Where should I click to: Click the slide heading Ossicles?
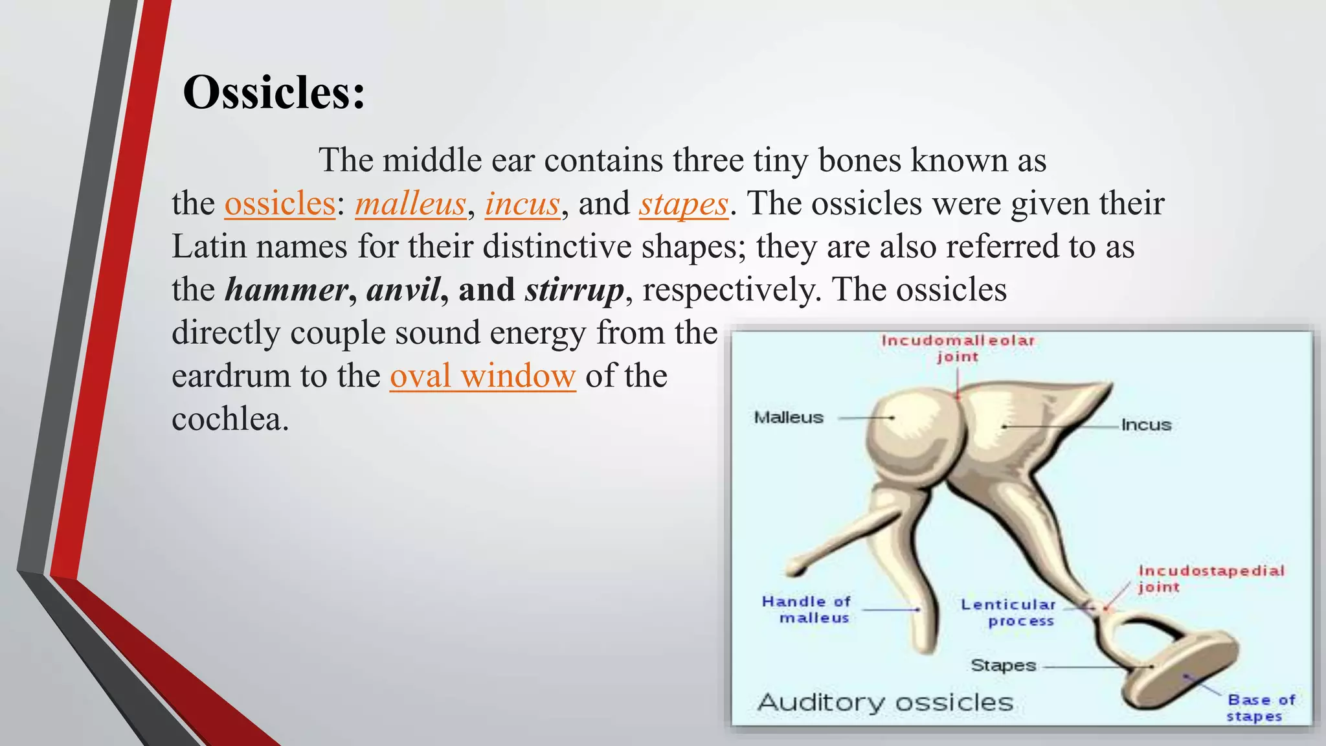click(x=274, y=93)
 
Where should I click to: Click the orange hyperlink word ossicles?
click(x=280, y=204)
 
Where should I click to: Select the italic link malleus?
click(x=410, y=204)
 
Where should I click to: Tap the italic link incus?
click(x=522, y=204)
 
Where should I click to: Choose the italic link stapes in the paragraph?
click(x=684, y=204)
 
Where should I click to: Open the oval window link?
click(x=482, y=376)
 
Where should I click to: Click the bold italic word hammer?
click(x=286, y=290)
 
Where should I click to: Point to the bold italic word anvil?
click(x=403, y=290)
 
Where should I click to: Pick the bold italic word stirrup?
click(x=574, y=290)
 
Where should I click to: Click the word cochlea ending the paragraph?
click(x=229, y=420)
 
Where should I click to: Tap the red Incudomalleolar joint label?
click(x=958, y=348)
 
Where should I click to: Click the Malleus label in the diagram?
click(x=788, y=418)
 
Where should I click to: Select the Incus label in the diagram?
click(x=1146, y=425)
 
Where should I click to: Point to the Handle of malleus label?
click(x=807, y=609)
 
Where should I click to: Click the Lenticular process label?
click(x=1009, y=612)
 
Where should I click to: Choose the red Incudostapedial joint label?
click(x=1211, y=578)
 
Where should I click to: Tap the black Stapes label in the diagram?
click(x=1003, y=665)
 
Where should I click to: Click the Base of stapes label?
click(x=1261, y=708)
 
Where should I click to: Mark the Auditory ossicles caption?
click(x=885, y=702)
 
